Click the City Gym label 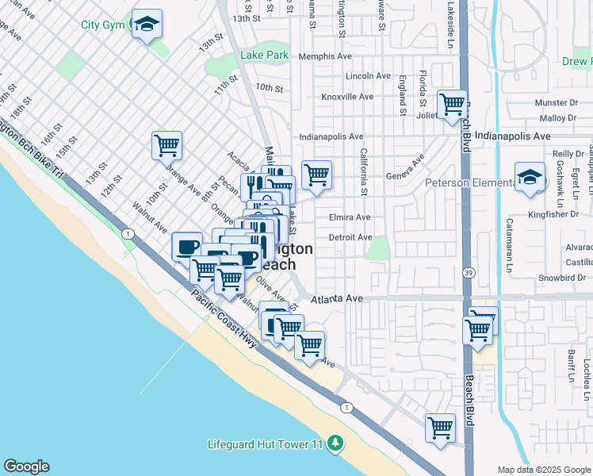point(103,25)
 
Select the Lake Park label point(265,56)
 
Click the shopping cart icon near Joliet point(452,104)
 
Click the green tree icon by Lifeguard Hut point(336,443)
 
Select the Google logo point(26,466)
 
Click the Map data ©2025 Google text point(543,470)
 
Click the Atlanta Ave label point(337,299)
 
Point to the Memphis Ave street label point(325,56)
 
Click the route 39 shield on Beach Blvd point(469,272)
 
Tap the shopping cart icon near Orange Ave point(166,146)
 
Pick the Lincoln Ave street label point(368,76)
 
